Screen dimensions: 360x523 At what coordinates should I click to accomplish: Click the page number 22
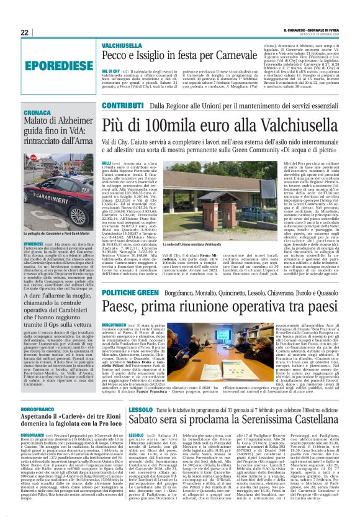[x=25, y=32]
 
